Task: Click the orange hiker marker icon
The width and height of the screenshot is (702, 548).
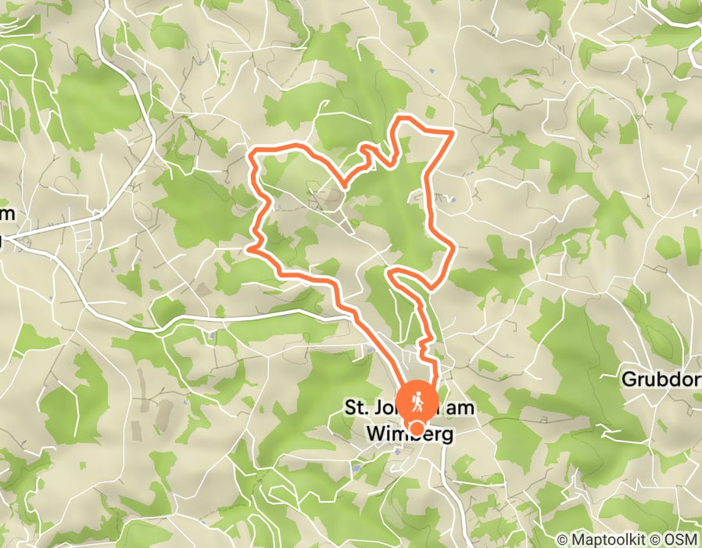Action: [417, 402]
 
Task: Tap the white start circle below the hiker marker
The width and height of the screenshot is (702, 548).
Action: [418, 428]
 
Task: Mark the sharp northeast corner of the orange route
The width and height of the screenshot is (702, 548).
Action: [453, 134]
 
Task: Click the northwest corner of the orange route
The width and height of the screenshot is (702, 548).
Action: [252, 155]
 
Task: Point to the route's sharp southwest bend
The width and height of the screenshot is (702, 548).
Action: [250, 247]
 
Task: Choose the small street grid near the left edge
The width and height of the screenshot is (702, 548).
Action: [86, 235]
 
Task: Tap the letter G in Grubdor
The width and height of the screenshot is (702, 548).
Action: [629, 380]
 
